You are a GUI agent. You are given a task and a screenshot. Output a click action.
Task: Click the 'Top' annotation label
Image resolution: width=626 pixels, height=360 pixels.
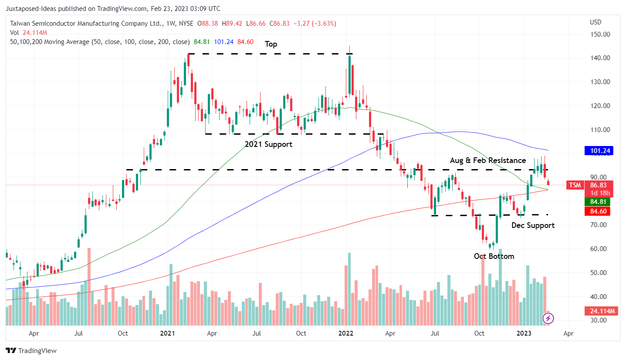point(271,44)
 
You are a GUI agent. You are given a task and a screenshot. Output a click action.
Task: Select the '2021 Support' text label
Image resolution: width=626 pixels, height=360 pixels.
point(268,144)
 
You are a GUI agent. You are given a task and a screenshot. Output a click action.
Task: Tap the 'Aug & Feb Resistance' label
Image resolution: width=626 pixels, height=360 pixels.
point(488,160)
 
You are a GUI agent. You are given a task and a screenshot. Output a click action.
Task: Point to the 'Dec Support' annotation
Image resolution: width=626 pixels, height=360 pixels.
point(533,225)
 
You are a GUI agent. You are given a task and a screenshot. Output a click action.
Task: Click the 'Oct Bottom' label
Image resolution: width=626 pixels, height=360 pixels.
point(494,256)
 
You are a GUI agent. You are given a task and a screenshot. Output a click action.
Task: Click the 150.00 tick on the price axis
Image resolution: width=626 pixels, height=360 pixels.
point(599,34)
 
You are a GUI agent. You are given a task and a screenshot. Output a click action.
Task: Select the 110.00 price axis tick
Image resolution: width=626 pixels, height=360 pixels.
point(599,130)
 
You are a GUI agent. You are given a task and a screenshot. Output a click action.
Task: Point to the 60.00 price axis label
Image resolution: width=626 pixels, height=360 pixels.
point(599,249)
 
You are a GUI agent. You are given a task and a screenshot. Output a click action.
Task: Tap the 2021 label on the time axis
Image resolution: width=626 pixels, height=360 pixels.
point(167,334)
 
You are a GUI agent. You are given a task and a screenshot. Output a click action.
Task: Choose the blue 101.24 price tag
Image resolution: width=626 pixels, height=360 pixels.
point(597,151)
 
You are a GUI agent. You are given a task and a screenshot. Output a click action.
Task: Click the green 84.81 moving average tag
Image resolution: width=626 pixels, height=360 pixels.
point(597,202)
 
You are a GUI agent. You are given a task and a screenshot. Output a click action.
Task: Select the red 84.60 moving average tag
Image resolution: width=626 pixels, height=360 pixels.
point(597,211)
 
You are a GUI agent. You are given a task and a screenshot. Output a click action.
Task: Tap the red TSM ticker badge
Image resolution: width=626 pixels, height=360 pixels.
point(575,185)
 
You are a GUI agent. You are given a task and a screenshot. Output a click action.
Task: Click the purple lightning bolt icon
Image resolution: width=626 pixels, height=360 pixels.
point(548,319)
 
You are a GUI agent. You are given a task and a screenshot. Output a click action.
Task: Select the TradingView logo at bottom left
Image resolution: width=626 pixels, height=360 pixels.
point(31,350)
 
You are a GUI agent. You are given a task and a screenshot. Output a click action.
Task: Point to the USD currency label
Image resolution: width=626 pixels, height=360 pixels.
point(595,22)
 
